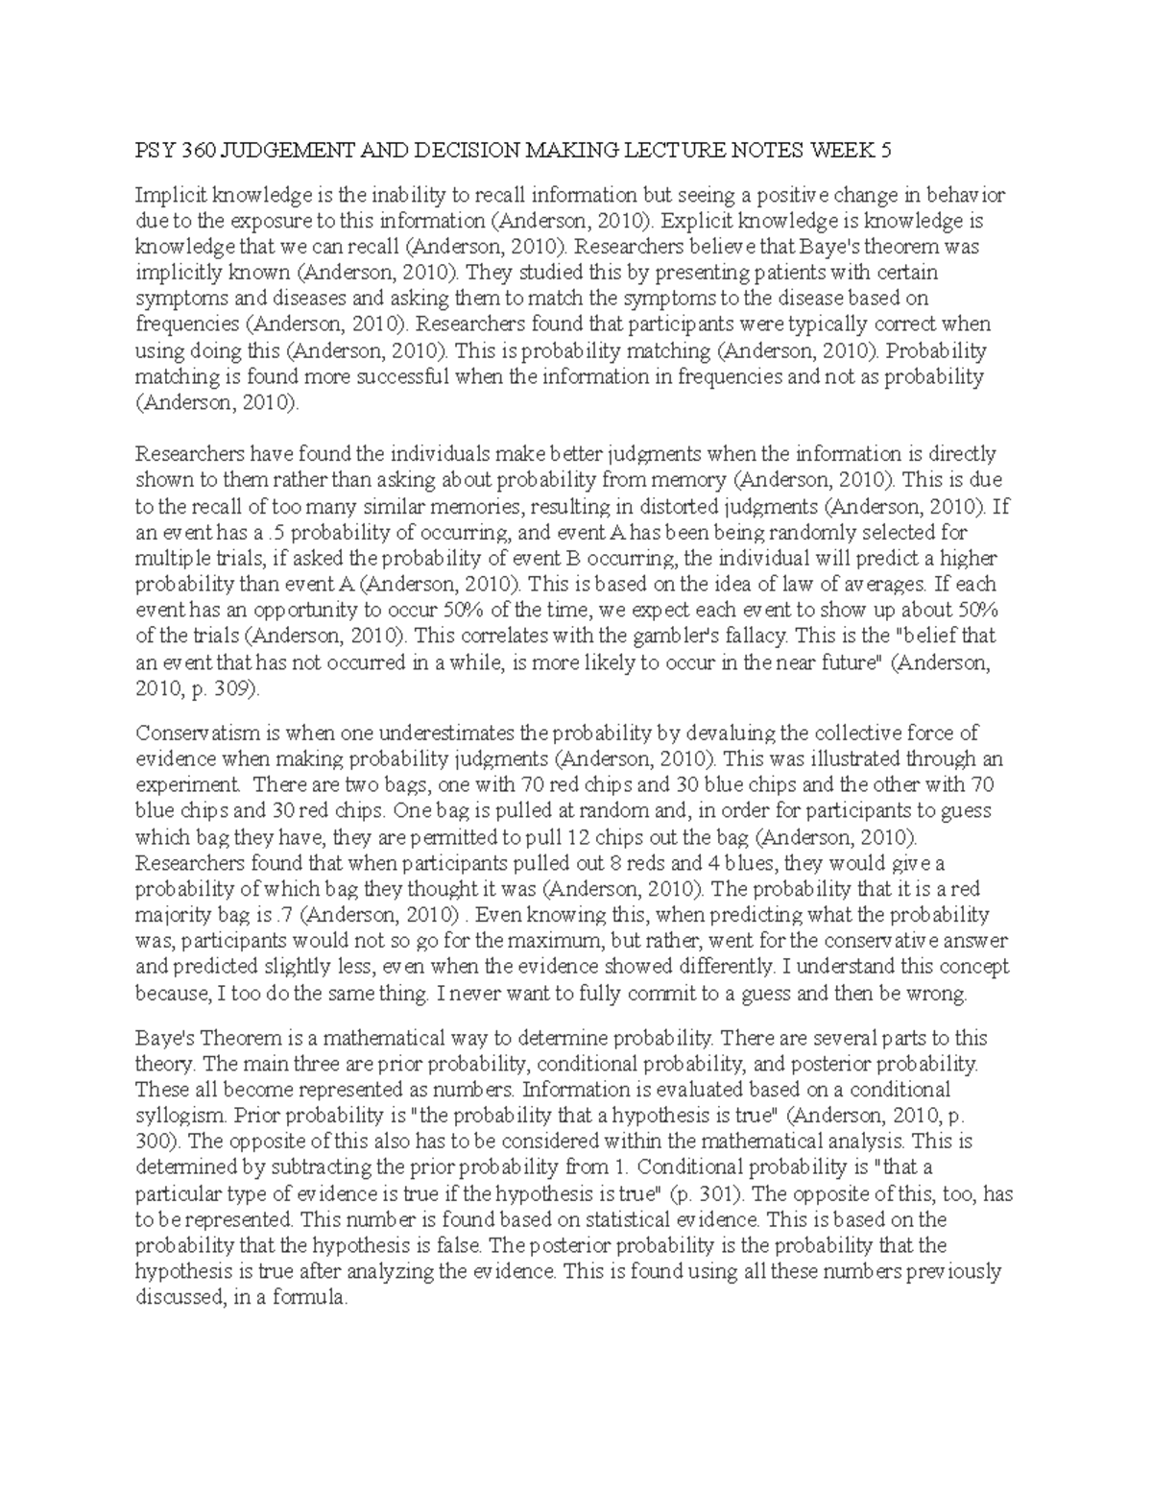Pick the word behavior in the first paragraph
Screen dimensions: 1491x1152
[965, 196]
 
